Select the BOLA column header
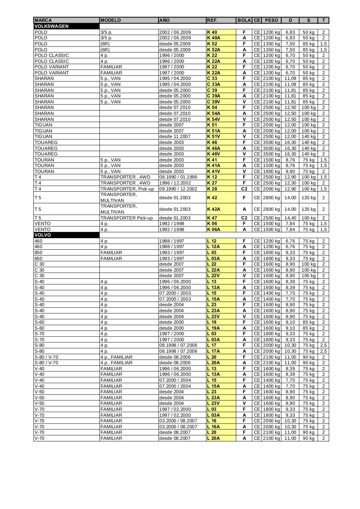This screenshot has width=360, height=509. tap(244, 20)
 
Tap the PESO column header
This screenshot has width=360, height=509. tap(271, 20)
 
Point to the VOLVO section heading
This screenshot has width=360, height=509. tap(43, 235)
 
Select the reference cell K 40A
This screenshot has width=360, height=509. tap(213, 38)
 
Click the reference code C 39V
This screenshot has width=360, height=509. tap(213, 102)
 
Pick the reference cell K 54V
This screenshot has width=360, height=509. tap(213, 119)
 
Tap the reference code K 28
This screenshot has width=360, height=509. tap(212, 189)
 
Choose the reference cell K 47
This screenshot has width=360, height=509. tap(212, 218)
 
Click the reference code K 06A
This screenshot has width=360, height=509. tap(213, 229)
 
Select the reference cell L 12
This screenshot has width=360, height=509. tap(212, 241)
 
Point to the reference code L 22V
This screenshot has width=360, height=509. tap(213, 276)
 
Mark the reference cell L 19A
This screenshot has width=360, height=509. tap(213, 328)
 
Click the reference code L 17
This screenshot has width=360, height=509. tap(212, 345)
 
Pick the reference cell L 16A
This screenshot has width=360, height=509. tap(213, 427)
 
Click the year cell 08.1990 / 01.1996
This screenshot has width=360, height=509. tap(178, 177)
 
